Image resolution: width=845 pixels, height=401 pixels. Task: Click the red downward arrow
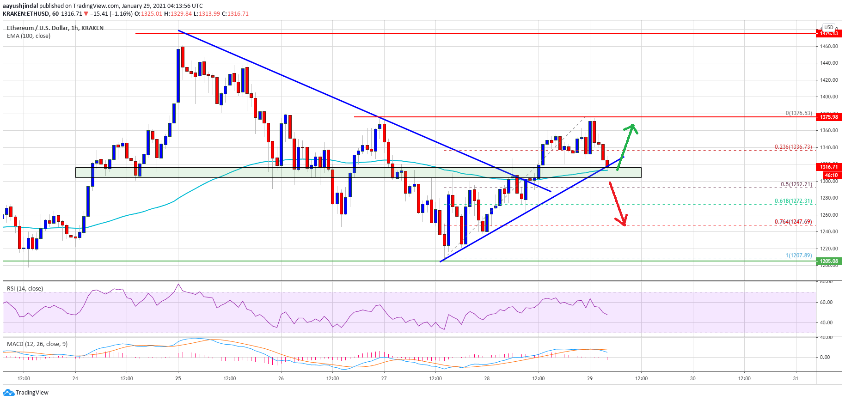point(618,203)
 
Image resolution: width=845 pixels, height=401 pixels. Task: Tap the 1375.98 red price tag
point(829,117)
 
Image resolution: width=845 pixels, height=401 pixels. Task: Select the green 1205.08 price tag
point(829,261)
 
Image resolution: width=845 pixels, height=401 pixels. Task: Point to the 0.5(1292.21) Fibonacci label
point(796,184)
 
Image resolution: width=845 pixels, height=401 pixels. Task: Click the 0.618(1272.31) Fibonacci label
point(793,201)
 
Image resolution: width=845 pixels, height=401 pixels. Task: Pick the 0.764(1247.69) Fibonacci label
point(793,222)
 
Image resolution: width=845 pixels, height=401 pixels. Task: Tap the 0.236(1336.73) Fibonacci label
point(793,147)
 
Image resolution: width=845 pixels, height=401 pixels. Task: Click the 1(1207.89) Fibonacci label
point(798,255)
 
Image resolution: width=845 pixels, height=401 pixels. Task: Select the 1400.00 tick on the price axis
point(829,97)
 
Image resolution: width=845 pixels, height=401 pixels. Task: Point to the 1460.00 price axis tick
point(829,46)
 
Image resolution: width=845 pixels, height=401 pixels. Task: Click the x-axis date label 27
point(384,378)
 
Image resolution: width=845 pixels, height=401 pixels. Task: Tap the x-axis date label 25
point(178,378)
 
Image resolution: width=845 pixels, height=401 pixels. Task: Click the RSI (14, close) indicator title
point(25,289)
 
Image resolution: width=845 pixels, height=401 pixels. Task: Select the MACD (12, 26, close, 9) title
point(37,344)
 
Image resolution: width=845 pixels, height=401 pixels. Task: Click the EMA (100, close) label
point(29,36)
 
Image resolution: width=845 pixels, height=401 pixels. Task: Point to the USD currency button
point(828,27)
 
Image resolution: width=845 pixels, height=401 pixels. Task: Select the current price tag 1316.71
point(829,167)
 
